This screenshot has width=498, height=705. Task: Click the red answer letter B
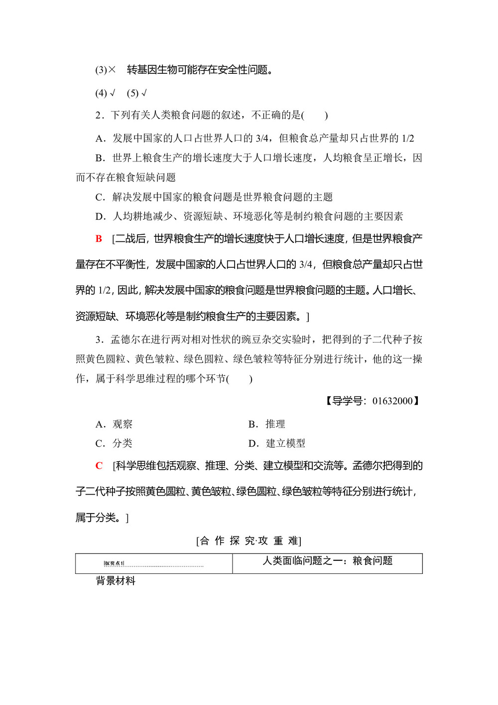point(99,239)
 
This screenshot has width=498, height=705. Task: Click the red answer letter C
point(99,466)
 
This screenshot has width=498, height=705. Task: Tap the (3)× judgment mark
point(106,70)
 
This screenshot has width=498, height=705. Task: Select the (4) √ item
point(105,93)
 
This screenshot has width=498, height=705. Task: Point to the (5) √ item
point(136,93)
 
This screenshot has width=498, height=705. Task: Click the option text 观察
point(123,424)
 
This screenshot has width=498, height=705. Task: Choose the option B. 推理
point(267,424)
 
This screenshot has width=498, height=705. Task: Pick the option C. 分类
point(114,443)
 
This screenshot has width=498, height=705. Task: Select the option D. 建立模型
point(277,443)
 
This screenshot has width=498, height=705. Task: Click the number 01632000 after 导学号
point(392,401)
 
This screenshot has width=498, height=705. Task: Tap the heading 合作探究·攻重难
point(249,541)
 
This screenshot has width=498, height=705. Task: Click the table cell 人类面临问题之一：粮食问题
point(328,561)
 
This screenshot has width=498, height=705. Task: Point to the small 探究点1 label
point(114,563)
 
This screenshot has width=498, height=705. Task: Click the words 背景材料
point(116,581)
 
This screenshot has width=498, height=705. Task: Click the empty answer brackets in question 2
point(315,116)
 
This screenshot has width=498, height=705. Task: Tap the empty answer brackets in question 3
point(241,379)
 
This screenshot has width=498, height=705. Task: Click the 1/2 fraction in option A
point(408,139)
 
